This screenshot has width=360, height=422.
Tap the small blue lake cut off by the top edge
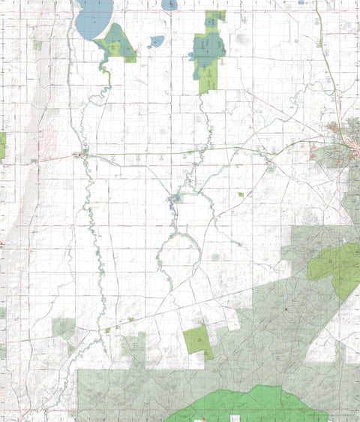[169, 5]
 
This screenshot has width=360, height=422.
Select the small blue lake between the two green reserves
[155, 41]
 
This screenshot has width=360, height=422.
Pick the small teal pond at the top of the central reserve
[211, 21]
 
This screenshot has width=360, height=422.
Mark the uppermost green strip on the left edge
[2, 144]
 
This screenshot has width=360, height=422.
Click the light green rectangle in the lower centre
[197, 340]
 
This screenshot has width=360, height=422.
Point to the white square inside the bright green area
[237, 417]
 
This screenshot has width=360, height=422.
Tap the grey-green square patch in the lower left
[64, 327]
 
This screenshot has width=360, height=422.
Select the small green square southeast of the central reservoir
[241, 194]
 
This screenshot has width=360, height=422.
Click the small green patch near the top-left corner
[37, 45]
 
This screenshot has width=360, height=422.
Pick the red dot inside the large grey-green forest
[286, 309]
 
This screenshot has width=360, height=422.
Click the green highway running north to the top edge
[318, 23]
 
